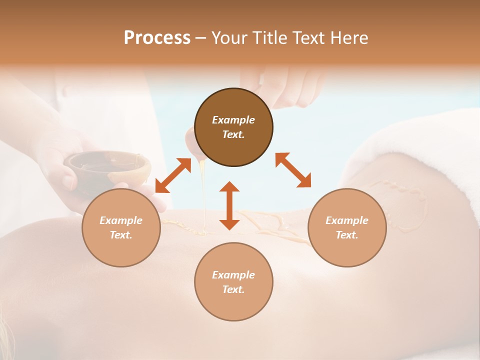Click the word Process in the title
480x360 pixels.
coord(157,38)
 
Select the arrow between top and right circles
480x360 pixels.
coord(293,170)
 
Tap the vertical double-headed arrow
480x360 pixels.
coord(229,205)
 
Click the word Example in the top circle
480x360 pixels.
coord(233,120)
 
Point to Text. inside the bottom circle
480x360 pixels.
coord(233,289)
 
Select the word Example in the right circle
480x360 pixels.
coord(347,220)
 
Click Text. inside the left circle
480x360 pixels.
coord(121,235)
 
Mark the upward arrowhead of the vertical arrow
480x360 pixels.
coord(229,186)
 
